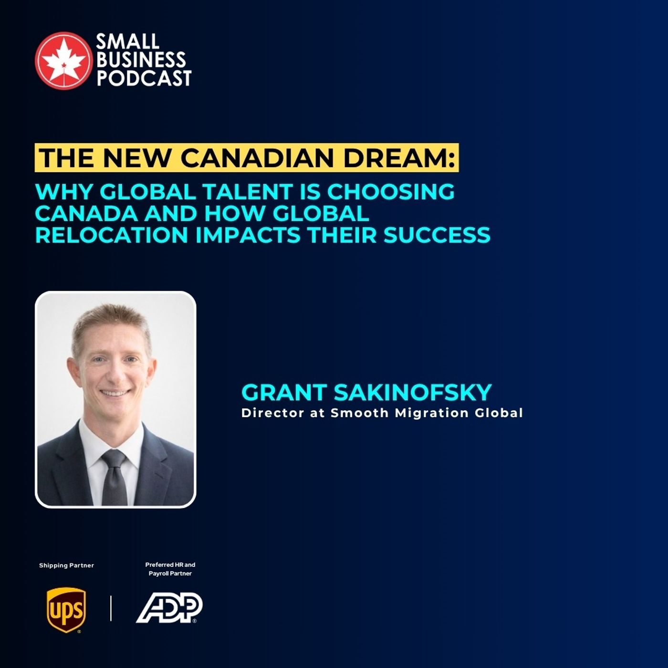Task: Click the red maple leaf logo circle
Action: tap(63, 61)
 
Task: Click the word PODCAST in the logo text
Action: tap(144, 78)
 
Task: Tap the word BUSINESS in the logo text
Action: tap(141, 60)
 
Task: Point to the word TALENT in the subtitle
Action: tap(246, 191)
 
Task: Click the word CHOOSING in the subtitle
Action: tap(390, 191)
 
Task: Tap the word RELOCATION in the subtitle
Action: tap(111, 235)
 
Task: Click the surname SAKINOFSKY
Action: tap(412, 392)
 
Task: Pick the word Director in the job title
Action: tap(272, 413)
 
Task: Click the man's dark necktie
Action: tap(115, 480)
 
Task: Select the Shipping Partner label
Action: tap(66, 565)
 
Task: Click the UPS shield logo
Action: tap(66, 609)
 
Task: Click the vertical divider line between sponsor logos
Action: tap(111, 608)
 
